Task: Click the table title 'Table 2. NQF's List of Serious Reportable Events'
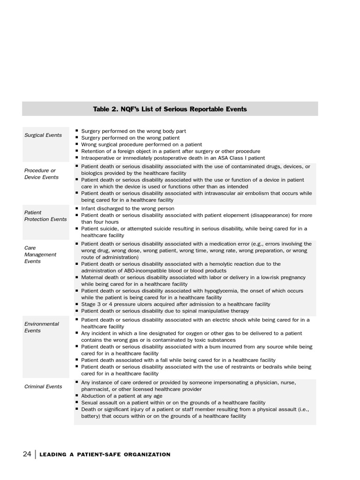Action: coord(170,109)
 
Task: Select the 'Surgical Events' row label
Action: coord(43,135)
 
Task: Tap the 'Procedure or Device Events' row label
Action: coord(41,174)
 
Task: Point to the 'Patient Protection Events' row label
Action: coord(45,216)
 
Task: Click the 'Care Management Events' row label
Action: coord(40,255)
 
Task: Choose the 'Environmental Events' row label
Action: coord(42,327)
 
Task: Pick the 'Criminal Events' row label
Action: coord(43,387)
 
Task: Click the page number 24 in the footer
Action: coord(27,454)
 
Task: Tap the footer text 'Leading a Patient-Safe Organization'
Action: coord(105,455)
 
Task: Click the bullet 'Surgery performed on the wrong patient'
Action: coord(130,138)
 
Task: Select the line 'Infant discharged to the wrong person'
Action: coord(127,209)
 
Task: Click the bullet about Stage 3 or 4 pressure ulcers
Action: coord(175,304)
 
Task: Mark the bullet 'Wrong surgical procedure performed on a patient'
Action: coord(142,145)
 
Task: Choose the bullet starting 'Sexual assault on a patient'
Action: coord(173,403)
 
